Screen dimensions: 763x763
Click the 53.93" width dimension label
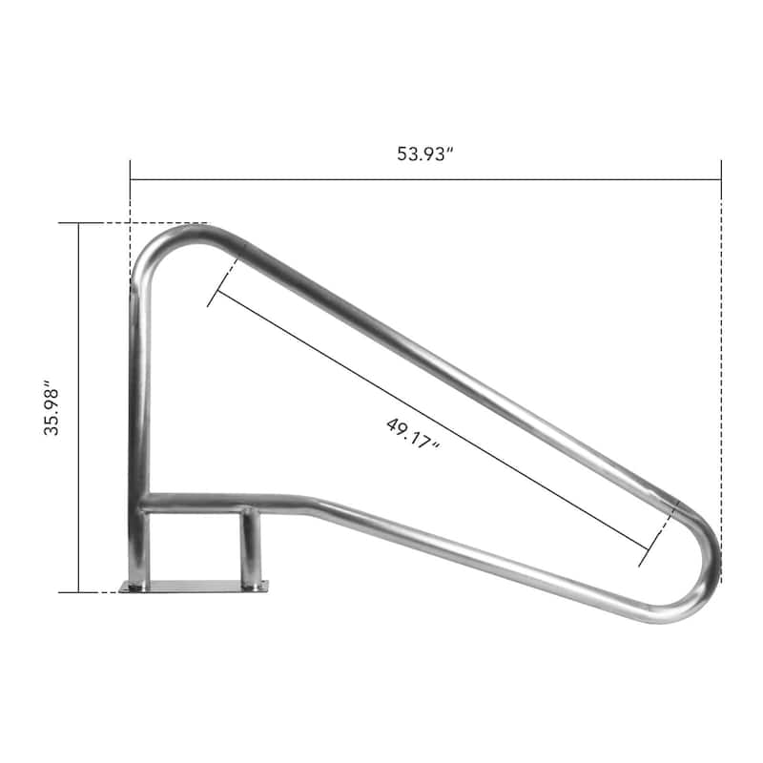pyautogui.click(x=424, y=155)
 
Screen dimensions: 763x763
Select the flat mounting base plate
pyautogui.click(x=195, y=586)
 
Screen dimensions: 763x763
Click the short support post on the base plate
pyautogui.click(x=250, y=548)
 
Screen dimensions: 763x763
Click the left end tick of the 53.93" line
pyautogui.click(x=131, y=177)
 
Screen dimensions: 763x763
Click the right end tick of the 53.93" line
pyautogui.click(x=721, y=177)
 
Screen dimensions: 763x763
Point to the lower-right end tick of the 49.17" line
pyautogui.click(x=653, y=547)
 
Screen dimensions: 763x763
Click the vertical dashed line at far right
pyautogui.click(x=721, y=381)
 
